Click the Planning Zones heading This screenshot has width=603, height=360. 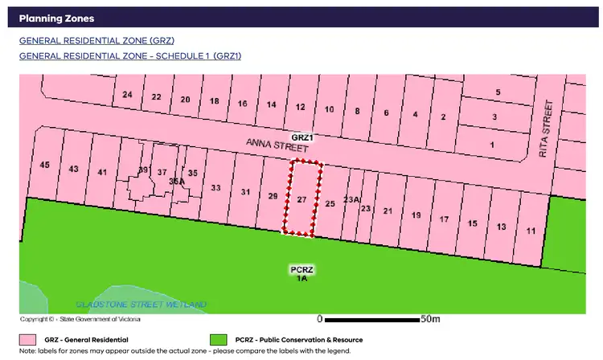click(x=55, y=18)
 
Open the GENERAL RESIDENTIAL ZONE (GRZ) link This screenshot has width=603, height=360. click(x=96, y=40)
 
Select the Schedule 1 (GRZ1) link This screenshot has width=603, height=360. click(x=129, y=56)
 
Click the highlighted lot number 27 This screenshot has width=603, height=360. click(x=301, y=199)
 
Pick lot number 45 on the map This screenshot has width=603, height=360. click(x=45, y=166)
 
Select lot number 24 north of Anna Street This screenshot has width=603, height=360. click(x=127, y=96)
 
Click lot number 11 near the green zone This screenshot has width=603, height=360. click(x=531, y=231)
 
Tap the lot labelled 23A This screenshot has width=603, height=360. click(x=352, y=199)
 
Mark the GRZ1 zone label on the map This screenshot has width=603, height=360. click(x=302, y=138)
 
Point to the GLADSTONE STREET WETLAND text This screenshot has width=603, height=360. click(x=141, y=305)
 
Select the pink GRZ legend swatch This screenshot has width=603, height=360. click(x=29, y=340)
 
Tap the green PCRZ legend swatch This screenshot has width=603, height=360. click(x=218, y=340)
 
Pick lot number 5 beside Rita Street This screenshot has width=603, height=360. click(x=498, y=92)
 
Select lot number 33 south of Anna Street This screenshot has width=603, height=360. click(x=215, y=188)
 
